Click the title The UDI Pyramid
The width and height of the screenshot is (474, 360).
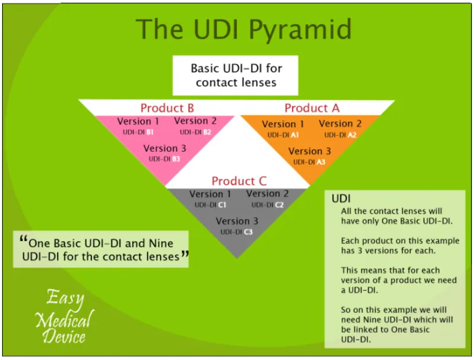[243, 30]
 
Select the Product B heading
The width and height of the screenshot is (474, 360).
[167, 108]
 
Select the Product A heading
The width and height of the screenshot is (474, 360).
[312, 108]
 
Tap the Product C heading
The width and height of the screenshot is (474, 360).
[239, 181]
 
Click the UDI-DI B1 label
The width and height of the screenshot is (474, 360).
[138, 132]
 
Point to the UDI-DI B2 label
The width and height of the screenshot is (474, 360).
[195, 132]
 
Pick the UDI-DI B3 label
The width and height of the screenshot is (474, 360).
[164, 159]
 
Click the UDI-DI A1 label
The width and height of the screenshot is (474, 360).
[283, 135]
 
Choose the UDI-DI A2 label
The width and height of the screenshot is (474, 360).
[340, 135]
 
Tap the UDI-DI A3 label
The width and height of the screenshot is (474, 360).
[309, 162]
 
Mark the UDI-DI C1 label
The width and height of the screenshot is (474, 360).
[210, 205]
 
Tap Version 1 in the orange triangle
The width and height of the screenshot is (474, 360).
[283, 124]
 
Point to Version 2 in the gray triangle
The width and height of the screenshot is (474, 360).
[268, 194]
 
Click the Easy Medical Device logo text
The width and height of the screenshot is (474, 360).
[64, 316]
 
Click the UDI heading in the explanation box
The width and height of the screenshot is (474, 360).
[341, 199]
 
